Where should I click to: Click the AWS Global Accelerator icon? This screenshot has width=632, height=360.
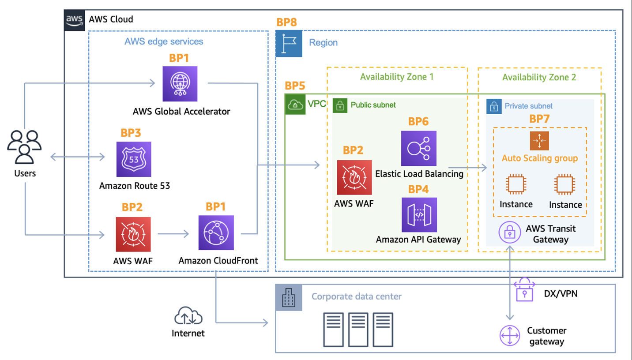[x=180, y=84]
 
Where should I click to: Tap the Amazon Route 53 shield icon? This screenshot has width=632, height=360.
[x=134, y=159]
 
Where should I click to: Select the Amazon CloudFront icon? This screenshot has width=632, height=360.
[x=216, y=233]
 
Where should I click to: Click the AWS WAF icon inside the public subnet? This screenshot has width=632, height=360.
[x=354, y=177]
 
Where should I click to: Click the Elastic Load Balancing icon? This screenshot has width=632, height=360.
[x=418, y=148]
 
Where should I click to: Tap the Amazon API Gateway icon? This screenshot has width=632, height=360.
[x=419, y=215]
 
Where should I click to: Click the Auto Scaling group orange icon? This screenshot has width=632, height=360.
[x=539, y=141]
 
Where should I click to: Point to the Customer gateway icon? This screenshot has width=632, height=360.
[x=510, y=336]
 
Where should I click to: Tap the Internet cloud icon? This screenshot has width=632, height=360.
[x=188, y=317]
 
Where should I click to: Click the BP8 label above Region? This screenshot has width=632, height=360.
[x=286, y=22]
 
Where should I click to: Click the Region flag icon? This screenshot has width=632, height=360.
[x=289, y=43]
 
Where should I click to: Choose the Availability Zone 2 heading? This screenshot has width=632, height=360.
[x=539, y=78]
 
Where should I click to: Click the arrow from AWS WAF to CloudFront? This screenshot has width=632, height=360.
[x=173, y=234]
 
